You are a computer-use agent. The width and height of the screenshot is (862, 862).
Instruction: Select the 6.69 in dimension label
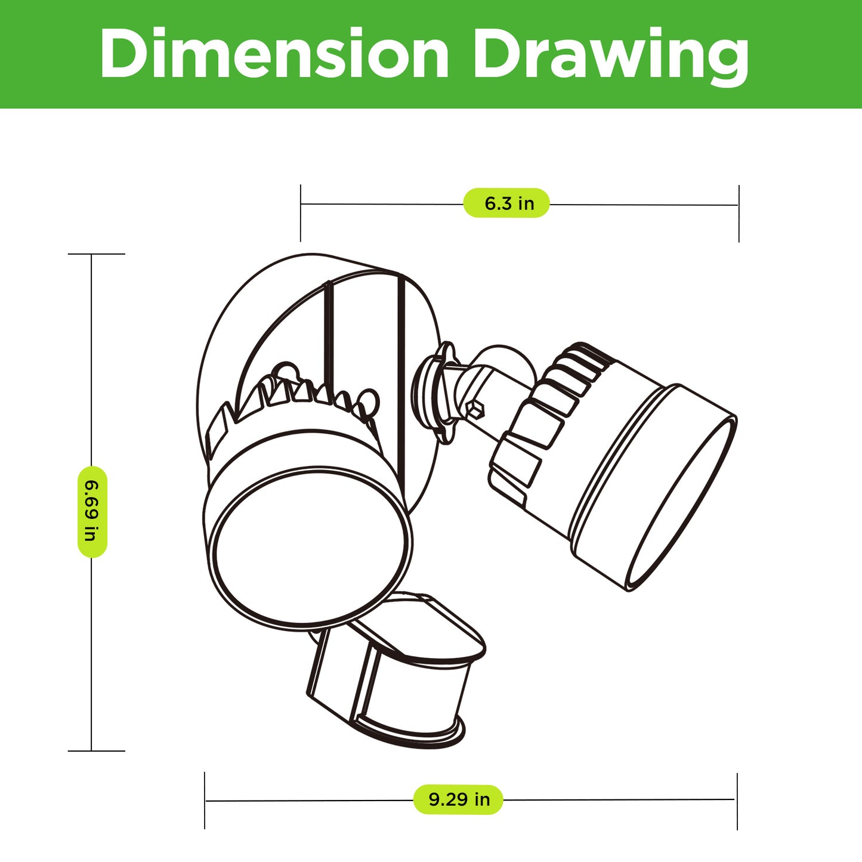coord(92,512)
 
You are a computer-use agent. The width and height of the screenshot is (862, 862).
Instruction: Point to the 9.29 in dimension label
coord(458,799)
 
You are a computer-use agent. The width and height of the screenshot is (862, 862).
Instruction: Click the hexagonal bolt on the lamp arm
coord(475,409)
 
